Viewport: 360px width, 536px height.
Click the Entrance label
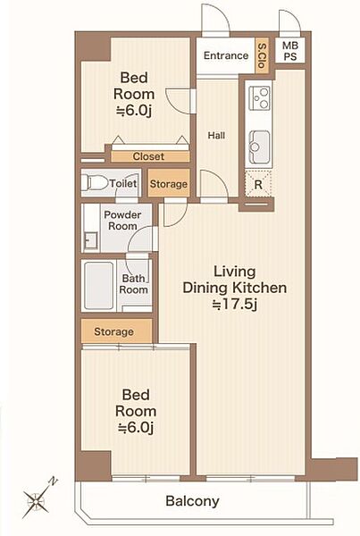(226, 55)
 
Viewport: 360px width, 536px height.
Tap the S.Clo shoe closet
(263, 55)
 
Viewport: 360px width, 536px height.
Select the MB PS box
(290, 51)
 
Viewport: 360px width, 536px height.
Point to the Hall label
(216, 136)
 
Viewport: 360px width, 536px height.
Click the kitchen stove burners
(259, 97)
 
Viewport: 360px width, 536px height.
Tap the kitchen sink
(259, 147)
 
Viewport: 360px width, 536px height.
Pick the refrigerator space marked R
(258, 184)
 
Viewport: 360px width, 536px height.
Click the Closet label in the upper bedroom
(148, 156)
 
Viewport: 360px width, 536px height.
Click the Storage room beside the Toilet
(169, 184)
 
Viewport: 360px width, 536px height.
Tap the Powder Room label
(122, 221)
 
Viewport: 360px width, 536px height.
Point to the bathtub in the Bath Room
(99, 286)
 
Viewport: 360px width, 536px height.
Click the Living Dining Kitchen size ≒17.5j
(235, 304)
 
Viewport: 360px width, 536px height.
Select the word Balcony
(192, 501)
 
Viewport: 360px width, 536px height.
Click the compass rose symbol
(37, 501)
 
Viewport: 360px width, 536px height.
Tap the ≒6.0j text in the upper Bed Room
(134, 111)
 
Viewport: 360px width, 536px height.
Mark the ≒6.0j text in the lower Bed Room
(136, 427)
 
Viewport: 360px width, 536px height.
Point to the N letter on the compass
(54, 482)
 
